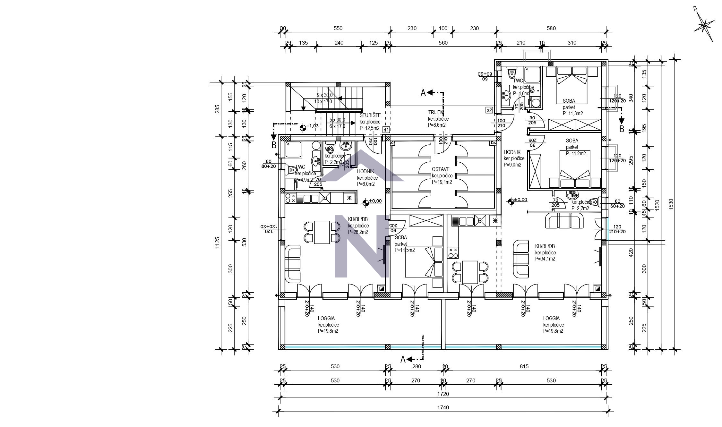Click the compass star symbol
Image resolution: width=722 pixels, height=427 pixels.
[x=704, y=25]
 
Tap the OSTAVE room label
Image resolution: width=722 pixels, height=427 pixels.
[x=440, y=169]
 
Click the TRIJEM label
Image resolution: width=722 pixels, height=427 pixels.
[x=435, y=112]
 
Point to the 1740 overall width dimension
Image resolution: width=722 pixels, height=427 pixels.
[x=443, y=408]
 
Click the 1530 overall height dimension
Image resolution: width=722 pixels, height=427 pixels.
[x=671, y=204]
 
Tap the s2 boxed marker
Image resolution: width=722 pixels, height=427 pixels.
[x=489, y=110]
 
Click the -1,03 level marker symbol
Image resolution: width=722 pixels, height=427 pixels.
[x=302, y=128]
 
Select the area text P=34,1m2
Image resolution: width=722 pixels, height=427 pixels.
[x=545, y=259]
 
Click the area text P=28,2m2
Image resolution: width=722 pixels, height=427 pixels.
[x=358, y=232]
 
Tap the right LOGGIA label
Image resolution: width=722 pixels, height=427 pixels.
[x=551, y=318]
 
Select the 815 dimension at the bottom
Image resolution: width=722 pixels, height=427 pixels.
[x=524, y=366]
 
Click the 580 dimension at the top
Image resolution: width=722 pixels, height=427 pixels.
[x=551, y=28]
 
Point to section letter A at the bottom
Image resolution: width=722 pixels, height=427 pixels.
[x=403, y=360]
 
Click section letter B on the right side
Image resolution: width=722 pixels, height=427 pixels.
[x=621, y=129]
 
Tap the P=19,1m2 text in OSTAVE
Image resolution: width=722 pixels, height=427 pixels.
[x=442, y=182]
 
